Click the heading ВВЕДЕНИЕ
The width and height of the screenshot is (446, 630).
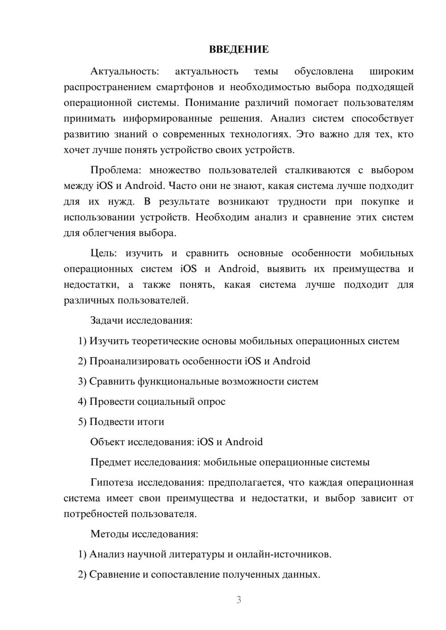tap(239, 49)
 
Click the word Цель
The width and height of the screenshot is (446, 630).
tap(103, 254)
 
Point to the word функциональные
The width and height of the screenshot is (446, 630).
tap(178, 382)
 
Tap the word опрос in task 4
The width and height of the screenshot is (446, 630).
tap(211, 402)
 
